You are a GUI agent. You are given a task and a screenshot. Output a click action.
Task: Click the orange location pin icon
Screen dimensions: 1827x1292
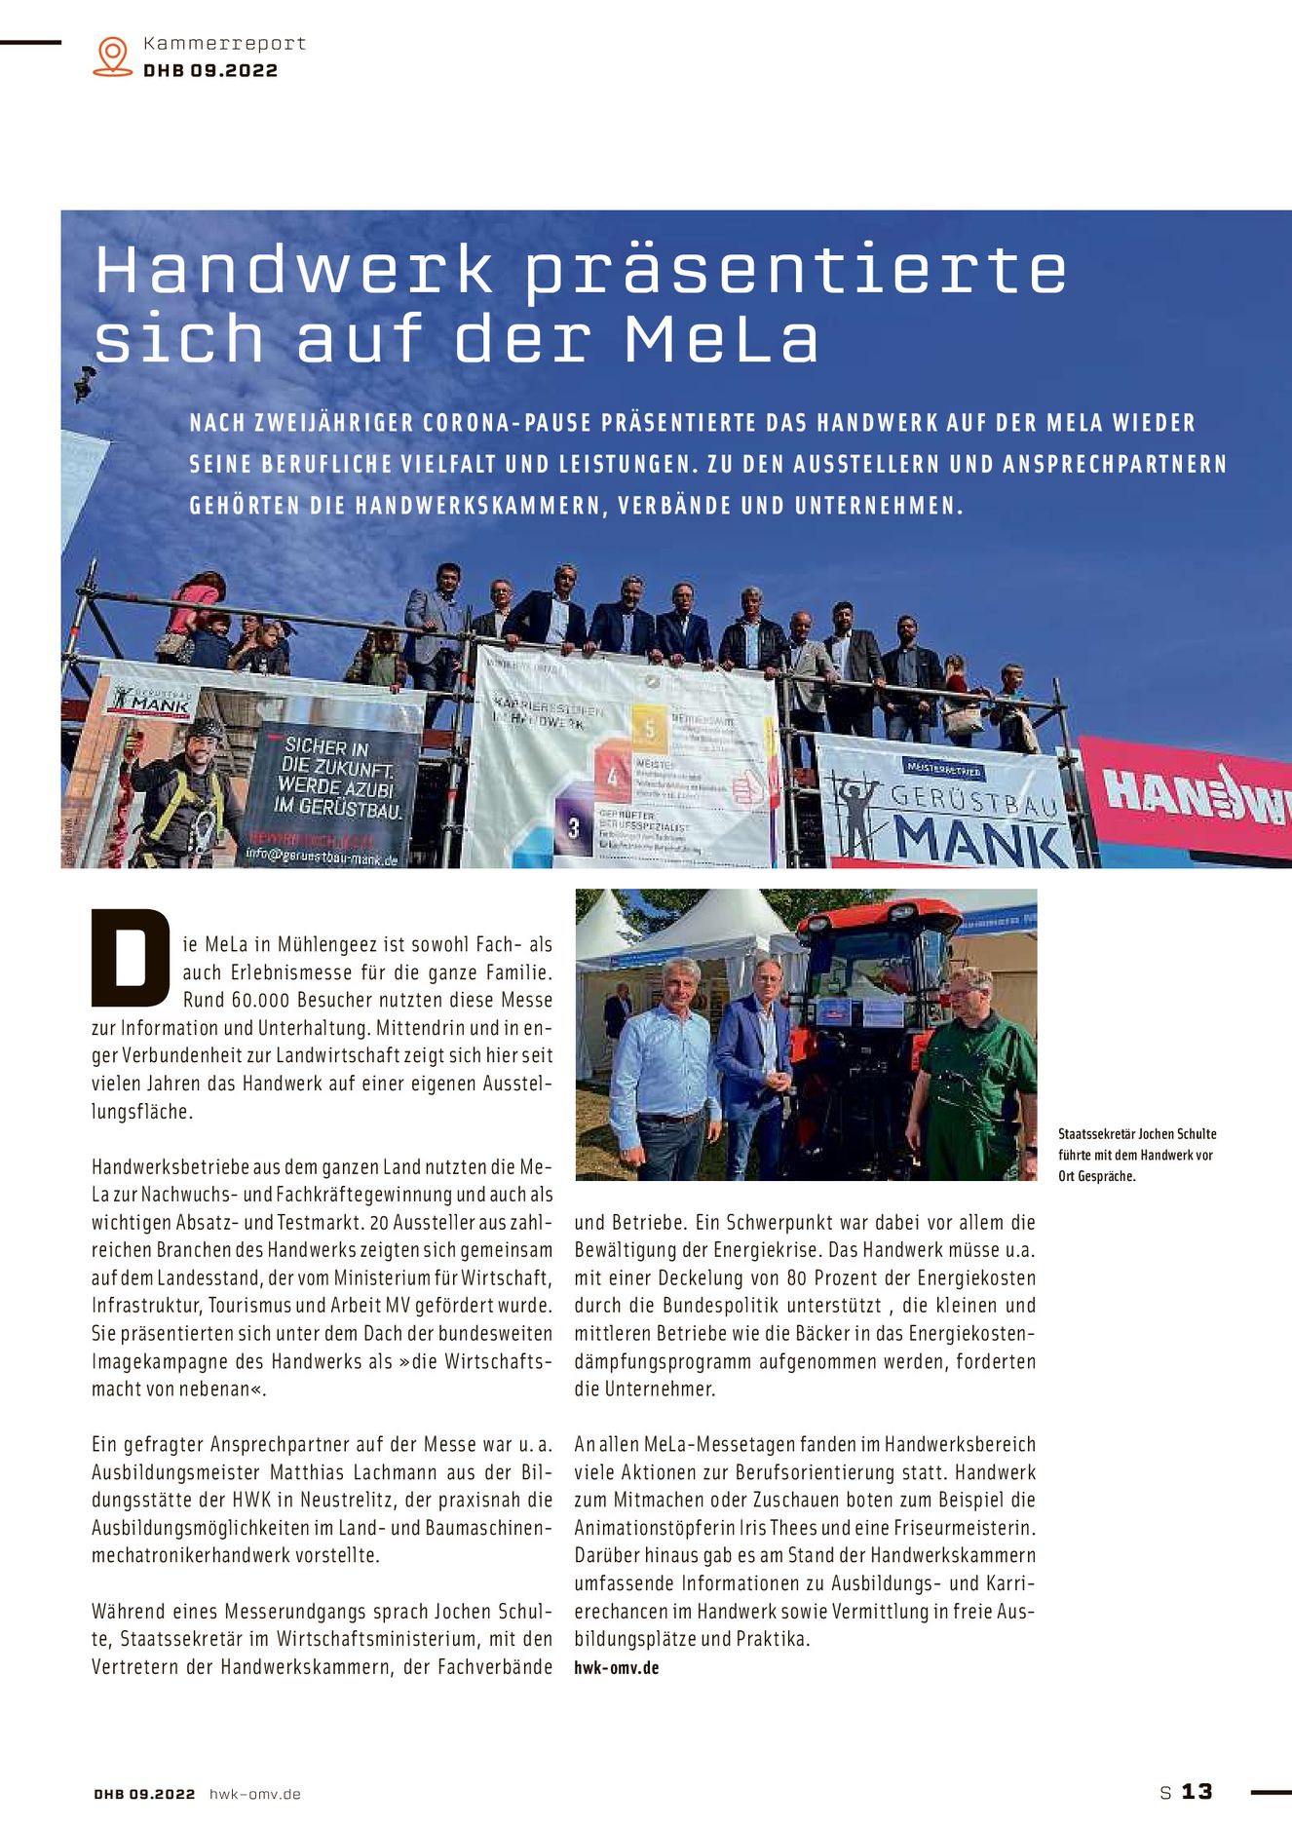[x=113, y=56]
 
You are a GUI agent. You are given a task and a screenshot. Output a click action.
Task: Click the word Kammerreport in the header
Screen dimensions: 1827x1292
[x=224, y=44]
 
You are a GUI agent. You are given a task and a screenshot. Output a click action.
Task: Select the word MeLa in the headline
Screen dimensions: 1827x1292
[x=721, y=339]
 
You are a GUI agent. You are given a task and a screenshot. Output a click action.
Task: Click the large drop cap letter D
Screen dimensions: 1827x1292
[x=130, y=957]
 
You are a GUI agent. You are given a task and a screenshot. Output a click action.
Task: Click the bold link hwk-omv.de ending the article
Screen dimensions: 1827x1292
[x=616, y=1667]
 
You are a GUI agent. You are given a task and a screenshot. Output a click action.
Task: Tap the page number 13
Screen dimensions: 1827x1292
[x=1197, y=1791]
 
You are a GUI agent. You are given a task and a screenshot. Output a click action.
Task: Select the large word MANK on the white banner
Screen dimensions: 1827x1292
[x=979, y=838]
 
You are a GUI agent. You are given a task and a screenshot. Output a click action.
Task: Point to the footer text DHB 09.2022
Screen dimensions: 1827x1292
[x=144, y=1794]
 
